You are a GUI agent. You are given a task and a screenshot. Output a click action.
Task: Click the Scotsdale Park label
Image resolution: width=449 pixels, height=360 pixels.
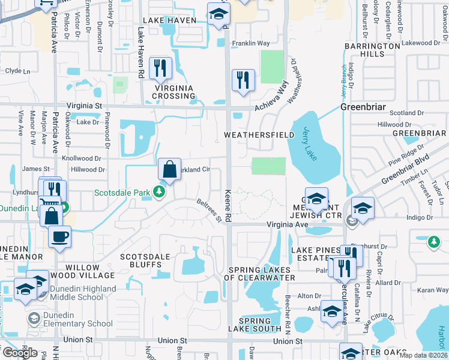124,193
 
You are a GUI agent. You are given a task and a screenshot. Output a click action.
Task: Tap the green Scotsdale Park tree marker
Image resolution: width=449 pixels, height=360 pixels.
159,193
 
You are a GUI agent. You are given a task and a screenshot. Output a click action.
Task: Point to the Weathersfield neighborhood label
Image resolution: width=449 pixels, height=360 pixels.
259,135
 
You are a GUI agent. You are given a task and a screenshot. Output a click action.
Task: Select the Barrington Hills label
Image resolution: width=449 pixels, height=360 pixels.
364,50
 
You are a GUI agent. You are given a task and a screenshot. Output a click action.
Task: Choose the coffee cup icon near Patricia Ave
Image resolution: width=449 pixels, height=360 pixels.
59,236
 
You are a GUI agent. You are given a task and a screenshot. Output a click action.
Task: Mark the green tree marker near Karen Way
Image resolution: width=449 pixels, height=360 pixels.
433,242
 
